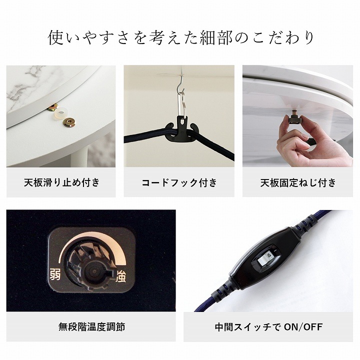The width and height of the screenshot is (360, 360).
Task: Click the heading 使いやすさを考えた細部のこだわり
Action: pyautogui.click(x=180, y=38)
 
